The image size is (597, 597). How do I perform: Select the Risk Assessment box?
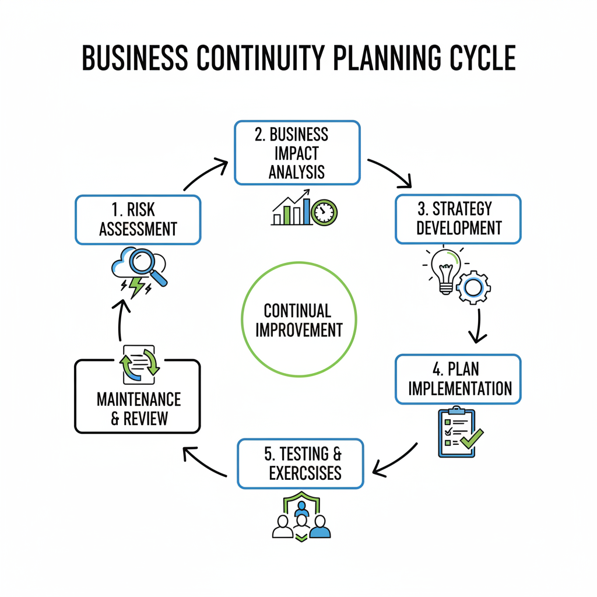(138, 220)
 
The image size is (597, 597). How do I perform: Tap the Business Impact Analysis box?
(297, 153)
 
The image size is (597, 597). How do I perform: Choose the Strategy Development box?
(458, 219)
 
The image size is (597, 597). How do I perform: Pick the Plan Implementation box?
(458, 379)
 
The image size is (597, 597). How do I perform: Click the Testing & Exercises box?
(300, 463)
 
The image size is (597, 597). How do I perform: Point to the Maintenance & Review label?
(139, 409)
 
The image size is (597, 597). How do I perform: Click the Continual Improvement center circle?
(299, 319)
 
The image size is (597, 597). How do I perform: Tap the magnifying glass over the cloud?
(148, 266)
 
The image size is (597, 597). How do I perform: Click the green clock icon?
(324, 212)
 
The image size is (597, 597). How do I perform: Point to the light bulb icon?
(445, 271)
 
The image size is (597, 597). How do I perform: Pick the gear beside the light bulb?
(473, 287)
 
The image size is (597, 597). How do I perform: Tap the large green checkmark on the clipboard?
(472, 438)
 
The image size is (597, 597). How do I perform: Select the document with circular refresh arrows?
(139, 365)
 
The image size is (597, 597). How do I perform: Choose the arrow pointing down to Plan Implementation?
(478, 326)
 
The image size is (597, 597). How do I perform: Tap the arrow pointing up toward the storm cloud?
(120, 320)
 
